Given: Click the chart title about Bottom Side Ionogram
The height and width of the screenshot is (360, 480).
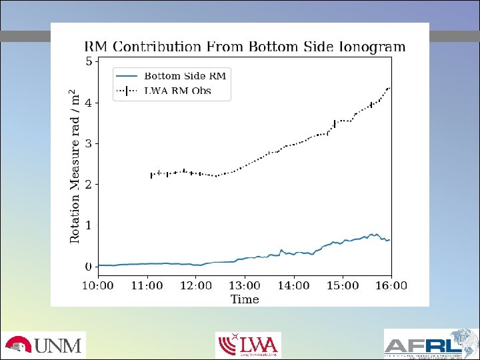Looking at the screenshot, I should pos(244,47).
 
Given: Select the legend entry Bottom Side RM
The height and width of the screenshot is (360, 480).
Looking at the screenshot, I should pos(185,76).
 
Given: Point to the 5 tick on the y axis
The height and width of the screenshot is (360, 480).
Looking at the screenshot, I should pos(89,62).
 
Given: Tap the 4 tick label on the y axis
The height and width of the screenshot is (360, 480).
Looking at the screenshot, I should pos(89,103).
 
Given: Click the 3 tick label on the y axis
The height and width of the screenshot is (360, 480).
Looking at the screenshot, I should pos(89,143).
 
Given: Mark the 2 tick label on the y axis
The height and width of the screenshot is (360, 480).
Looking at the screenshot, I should pos(89,184).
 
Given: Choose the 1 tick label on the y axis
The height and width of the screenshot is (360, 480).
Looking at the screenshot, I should pos(89,225).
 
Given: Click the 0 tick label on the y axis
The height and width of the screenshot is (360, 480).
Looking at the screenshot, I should pos(89,267).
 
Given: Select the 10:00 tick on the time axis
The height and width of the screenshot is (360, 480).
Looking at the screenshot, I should pos(98,285).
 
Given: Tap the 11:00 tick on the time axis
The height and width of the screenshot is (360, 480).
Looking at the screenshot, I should pos(147,285).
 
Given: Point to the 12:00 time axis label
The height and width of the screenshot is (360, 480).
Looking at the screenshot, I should pos(196,285).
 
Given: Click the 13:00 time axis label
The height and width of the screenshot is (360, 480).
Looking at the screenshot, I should pos(245,285).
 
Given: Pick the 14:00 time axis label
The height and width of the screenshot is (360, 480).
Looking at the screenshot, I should pos(293,285).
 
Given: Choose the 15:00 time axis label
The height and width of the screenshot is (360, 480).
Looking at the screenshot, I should pos(343,285).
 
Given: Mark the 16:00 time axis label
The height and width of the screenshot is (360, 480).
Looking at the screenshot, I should pos(391,285).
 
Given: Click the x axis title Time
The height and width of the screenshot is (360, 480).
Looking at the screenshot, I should pos(245,299).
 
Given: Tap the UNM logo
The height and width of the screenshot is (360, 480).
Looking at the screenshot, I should pos(43,345).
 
